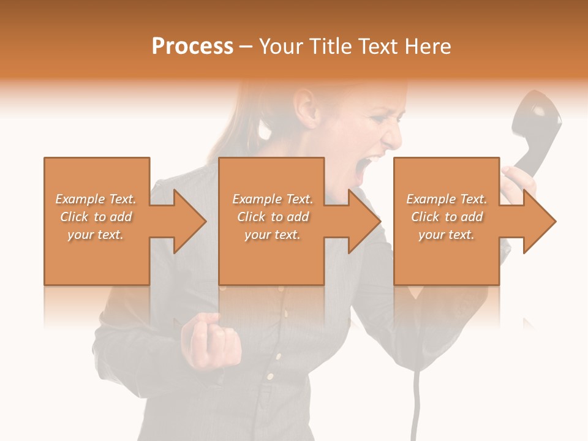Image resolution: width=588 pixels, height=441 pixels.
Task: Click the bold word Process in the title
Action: pos(192,47)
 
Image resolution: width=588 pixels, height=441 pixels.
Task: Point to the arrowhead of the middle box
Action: pos(364,221)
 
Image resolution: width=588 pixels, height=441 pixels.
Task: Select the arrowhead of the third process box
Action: pos(539,221)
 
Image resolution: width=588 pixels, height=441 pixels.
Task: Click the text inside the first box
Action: pos(96,217)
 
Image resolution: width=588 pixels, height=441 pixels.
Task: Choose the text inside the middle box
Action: pos(272,217)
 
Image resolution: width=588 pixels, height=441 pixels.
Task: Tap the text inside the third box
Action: pos(447,217)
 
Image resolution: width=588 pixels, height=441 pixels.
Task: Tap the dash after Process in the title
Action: pos(246,47)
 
